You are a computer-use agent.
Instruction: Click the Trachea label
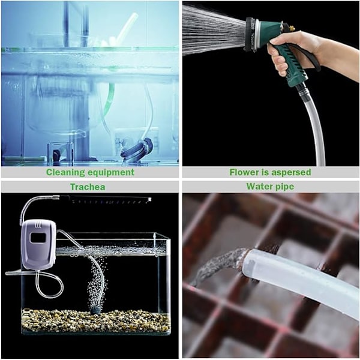click(88, 187)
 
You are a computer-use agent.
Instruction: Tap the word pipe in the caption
click(284, 187)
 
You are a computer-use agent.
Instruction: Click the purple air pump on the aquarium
click(38, 245)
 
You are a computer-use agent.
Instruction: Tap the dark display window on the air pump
click(38, 238)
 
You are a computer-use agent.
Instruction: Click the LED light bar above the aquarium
click(105, 199)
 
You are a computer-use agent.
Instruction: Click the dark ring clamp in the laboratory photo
click(137, 149)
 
